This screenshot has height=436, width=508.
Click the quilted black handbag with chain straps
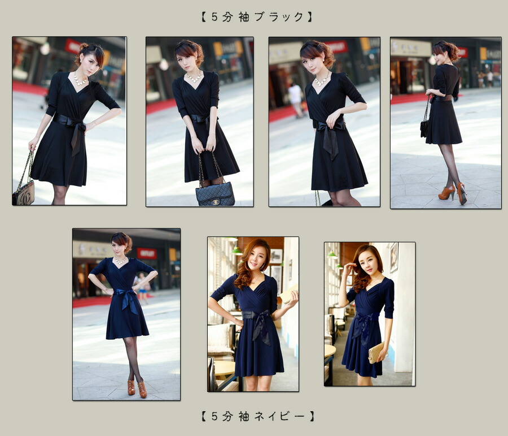point(215,193)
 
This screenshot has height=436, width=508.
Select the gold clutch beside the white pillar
point(376,353)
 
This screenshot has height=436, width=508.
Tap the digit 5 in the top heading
point(214,17)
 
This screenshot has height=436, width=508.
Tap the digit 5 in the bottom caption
point(214,416)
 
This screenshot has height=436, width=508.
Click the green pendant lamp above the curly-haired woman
point(237,251)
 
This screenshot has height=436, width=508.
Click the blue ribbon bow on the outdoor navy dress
point(128,299)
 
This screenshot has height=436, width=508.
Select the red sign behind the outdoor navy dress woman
point(146,253)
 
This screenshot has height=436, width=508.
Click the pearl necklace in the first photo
point(80,80)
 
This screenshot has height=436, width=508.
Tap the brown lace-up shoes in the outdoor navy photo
point(137,388)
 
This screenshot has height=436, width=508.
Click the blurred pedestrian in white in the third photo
point(296,99)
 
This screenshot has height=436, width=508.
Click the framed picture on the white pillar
point(394,257)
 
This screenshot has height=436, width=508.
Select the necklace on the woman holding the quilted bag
point(194,77)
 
